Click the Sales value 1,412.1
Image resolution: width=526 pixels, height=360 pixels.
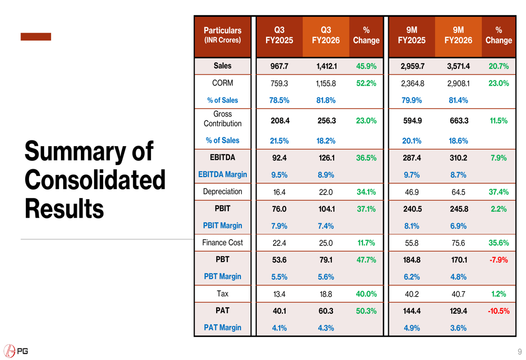point(326,66)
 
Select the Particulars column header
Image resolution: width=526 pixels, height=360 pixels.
point(222,35)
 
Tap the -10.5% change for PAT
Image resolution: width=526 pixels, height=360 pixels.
point(498,311)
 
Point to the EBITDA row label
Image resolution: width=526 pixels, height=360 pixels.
point(222,157)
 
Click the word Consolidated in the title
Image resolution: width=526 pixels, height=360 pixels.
point(95,180)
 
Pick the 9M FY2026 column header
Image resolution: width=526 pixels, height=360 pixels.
point(458,35)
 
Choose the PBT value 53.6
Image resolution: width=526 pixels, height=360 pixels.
point(279,260)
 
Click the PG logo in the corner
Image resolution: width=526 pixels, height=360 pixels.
point(16,351)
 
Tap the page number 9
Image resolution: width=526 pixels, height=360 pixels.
point(520,352)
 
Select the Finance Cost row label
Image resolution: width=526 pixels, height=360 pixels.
point(222,242)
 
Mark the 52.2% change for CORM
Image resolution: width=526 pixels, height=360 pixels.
point(366,83)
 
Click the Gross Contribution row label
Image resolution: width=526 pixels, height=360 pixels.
point(222,119)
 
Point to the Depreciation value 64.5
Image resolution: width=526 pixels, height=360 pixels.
point(458,192)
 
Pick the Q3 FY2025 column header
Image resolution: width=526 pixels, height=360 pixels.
point(279,35)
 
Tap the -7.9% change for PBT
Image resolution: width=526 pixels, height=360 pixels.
point(498,260)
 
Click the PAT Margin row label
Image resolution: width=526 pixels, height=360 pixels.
point(222,327)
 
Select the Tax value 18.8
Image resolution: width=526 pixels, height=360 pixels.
point(326,294)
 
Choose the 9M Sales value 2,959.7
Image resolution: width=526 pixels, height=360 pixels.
point(412,66)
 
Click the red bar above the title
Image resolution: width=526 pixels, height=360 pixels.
point(36,37)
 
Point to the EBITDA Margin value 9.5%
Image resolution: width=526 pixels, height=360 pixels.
point(279,174)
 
